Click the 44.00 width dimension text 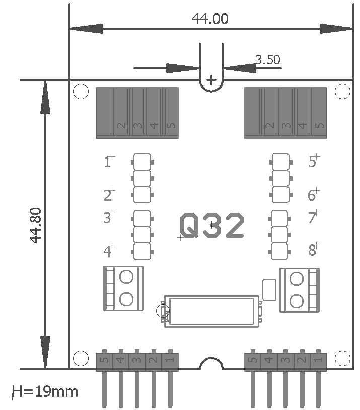point(210,19)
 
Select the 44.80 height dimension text point(36,225)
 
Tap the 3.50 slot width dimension point(268,60)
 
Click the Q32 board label point(212,225)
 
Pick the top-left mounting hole point(81,91)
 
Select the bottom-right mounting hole point(342,358)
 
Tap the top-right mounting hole point(342,91)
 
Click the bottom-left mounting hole point(81,358)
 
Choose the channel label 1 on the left point(107,162)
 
